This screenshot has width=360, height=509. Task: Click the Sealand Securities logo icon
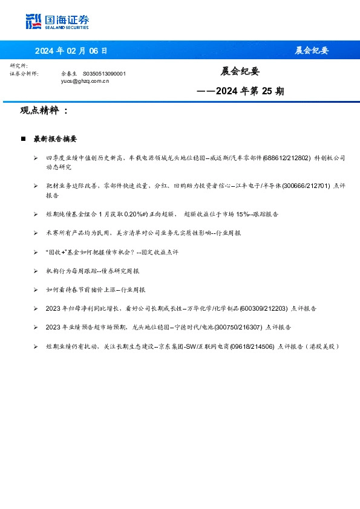(x=33, y=21)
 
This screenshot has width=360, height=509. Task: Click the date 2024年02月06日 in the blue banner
(x=71, y=50)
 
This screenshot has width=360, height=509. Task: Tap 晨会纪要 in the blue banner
(x=311, y=50)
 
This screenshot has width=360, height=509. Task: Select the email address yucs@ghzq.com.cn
(x=85, y=80)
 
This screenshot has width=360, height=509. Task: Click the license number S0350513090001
(x=104, y=73)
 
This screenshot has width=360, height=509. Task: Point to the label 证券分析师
(x=24, y=73)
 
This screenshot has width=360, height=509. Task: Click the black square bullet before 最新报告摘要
(x=23, y=139)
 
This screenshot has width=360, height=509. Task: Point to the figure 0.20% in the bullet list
(x=142, y=214)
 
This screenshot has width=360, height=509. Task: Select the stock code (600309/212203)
(x=264, y=308)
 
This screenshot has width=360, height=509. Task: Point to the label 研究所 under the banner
(x=19, y=65)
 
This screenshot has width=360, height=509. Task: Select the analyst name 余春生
(x=70, y=73)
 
